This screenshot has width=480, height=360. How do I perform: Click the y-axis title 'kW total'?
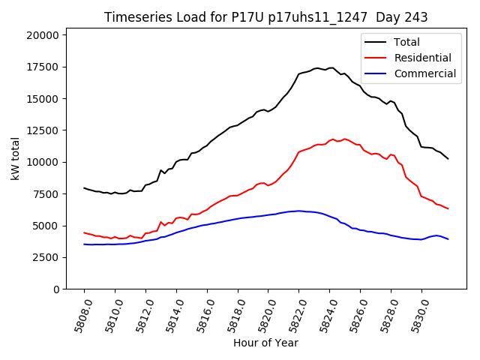[x=16, y=159]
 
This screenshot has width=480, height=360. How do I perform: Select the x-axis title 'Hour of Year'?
[x=265, y=343]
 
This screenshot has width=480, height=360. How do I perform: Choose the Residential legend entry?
[x=421, y=58]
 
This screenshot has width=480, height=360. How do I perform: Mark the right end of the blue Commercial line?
[x=448, y=239]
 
